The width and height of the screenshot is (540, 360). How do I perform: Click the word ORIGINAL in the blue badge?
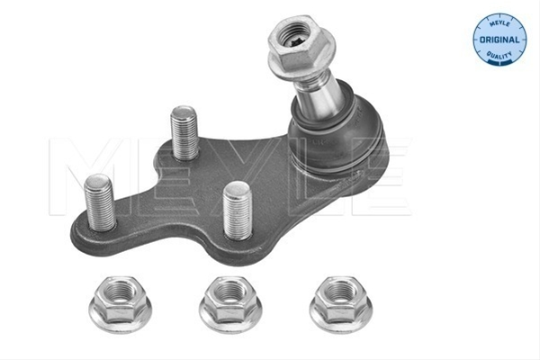499,40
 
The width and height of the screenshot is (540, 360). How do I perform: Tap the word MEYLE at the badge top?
499,23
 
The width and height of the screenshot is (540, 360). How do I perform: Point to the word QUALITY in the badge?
499,55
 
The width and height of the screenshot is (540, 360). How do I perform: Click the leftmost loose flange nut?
121,304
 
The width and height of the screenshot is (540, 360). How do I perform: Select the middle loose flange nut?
230,304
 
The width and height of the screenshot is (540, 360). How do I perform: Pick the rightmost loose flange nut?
340,304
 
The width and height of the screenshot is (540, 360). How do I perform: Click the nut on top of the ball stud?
298,45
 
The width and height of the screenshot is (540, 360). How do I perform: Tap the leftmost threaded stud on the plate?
100,202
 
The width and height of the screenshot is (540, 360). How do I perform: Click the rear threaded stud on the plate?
184,133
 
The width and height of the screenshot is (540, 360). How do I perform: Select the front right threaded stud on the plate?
237,211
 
